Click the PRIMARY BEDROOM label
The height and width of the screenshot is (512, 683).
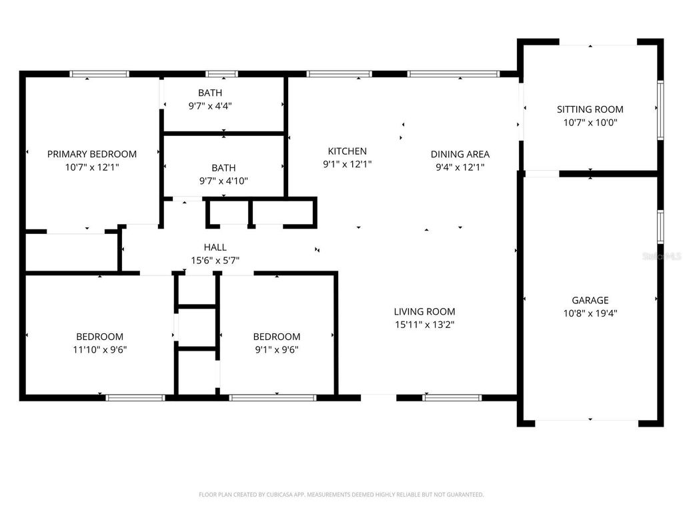91,154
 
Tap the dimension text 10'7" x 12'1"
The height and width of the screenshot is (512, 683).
91,167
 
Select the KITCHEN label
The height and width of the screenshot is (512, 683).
347,151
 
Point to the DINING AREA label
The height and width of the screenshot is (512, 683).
460,154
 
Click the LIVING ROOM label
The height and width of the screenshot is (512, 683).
424,311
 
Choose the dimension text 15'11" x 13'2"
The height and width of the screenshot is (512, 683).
424,325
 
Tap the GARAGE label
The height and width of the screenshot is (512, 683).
590,300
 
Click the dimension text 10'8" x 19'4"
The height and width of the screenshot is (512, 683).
590,313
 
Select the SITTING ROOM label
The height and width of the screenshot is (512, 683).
590,109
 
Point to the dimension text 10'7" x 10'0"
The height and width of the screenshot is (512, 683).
590,123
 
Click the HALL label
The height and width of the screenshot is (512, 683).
215,247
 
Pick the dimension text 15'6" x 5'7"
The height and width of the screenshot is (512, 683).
215,261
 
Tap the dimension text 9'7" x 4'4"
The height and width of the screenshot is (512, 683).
210,105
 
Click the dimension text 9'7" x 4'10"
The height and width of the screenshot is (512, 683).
223,181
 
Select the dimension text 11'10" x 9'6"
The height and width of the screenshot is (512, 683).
99,349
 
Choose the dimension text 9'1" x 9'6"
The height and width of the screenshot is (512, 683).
276,349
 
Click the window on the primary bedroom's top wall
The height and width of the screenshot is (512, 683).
99,74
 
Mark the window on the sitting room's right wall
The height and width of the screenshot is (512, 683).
660,110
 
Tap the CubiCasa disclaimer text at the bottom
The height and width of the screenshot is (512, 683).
341,495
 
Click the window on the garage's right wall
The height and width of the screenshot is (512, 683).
660,227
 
